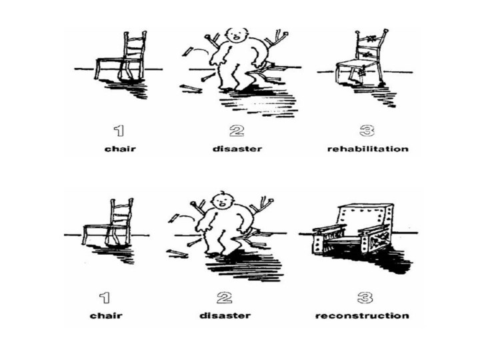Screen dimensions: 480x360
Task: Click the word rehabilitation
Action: pyautogui.click(x=367, y=149)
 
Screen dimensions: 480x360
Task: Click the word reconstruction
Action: pyautogui.click(x=362, y=315)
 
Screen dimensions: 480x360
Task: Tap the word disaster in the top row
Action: pyautogui.click(x=237, y=149)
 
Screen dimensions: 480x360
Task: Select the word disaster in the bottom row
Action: pyautogui.click(x=225, y=315)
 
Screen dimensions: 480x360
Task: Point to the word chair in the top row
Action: pyautogui.click(x=120, y=149)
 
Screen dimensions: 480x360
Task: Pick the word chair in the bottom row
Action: pyautogui.click(x=106, y=315)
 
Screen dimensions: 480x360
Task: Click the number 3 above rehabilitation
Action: pyautogui.click(x=367, y=131)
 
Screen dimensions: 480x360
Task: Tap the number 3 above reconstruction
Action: pyautogui.click(x=365, y=297)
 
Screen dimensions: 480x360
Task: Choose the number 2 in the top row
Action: pyautogui.click(x=237, y=131)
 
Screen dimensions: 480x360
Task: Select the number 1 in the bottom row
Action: pyautogui.click(x=105, y=297)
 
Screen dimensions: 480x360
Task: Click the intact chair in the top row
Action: pyautogui.click(x=121, y=56)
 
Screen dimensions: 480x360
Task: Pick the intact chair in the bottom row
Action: pyautogui.click(x=108, y=222)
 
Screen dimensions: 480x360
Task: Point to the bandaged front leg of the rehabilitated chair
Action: pyautogui.click(x=362, y=75)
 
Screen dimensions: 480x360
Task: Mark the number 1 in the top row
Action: pyautogui.click(x=119, y=131)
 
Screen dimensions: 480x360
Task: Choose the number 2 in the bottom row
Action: pyautogui.click(x=225, y=297)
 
